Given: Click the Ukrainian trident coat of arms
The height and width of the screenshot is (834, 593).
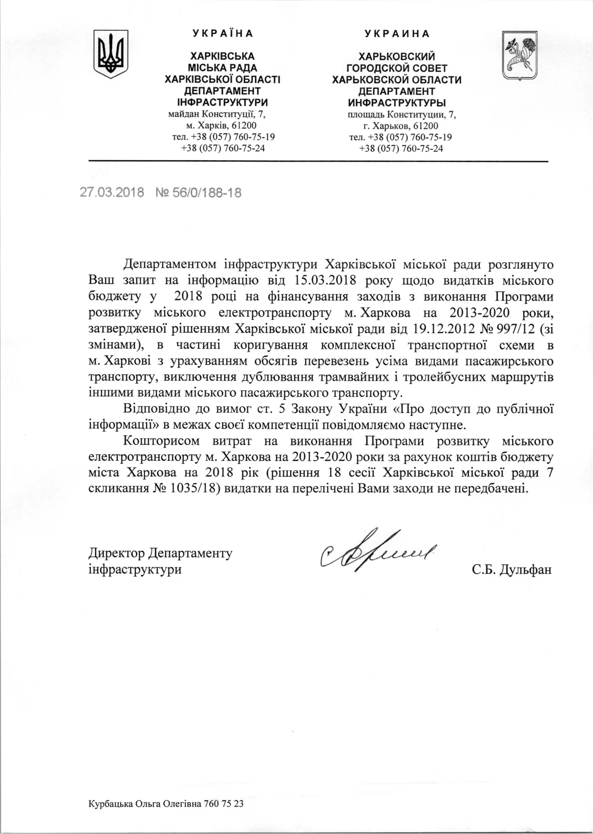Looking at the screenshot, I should point(111,54).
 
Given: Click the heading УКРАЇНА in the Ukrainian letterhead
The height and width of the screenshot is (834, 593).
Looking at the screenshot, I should point(223,34).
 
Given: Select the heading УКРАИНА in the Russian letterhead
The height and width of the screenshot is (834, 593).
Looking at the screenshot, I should point(397,34).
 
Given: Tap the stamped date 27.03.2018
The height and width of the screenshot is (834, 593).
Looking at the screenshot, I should point(112,192).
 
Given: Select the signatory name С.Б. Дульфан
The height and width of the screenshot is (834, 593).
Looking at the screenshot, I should point(512,569).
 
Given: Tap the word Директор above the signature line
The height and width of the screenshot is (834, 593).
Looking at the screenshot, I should point(117,553).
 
